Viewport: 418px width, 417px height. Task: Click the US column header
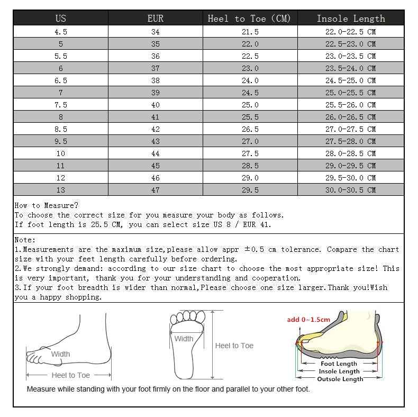(61, 19)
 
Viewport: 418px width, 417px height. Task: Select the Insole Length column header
(351, 19)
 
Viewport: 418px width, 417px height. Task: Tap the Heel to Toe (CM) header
(250, 19)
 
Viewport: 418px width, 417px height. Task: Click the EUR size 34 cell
(155, 32)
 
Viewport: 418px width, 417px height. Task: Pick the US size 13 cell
(61, 190)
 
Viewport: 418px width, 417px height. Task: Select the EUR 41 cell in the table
(155, 117)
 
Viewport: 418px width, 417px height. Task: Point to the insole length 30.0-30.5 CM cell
(350, 190)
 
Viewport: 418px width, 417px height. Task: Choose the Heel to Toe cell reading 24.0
(250, 80)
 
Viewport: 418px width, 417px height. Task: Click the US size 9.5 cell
(61, 141)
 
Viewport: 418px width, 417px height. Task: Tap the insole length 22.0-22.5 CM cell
(350, 32)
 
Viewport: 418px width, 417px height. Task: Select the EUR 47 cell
(155, 190)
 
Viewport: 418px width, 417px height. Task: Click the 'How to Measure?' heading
(47, 205)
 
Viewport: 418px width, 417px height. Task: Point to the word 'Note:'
(25, 240)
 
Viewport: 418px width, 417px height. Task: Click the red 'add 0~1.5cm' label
(308, 320)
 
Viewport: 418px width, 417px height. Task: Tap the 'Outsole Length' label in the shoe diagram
(340, 379)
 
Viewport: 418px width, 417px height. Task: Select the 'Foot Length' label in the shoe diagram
(339, 364)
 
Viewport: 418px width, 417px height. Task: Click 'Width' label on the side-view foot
(60, 354)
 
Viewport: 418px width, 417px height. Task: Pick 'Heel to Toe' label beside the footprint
(234, 346)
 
